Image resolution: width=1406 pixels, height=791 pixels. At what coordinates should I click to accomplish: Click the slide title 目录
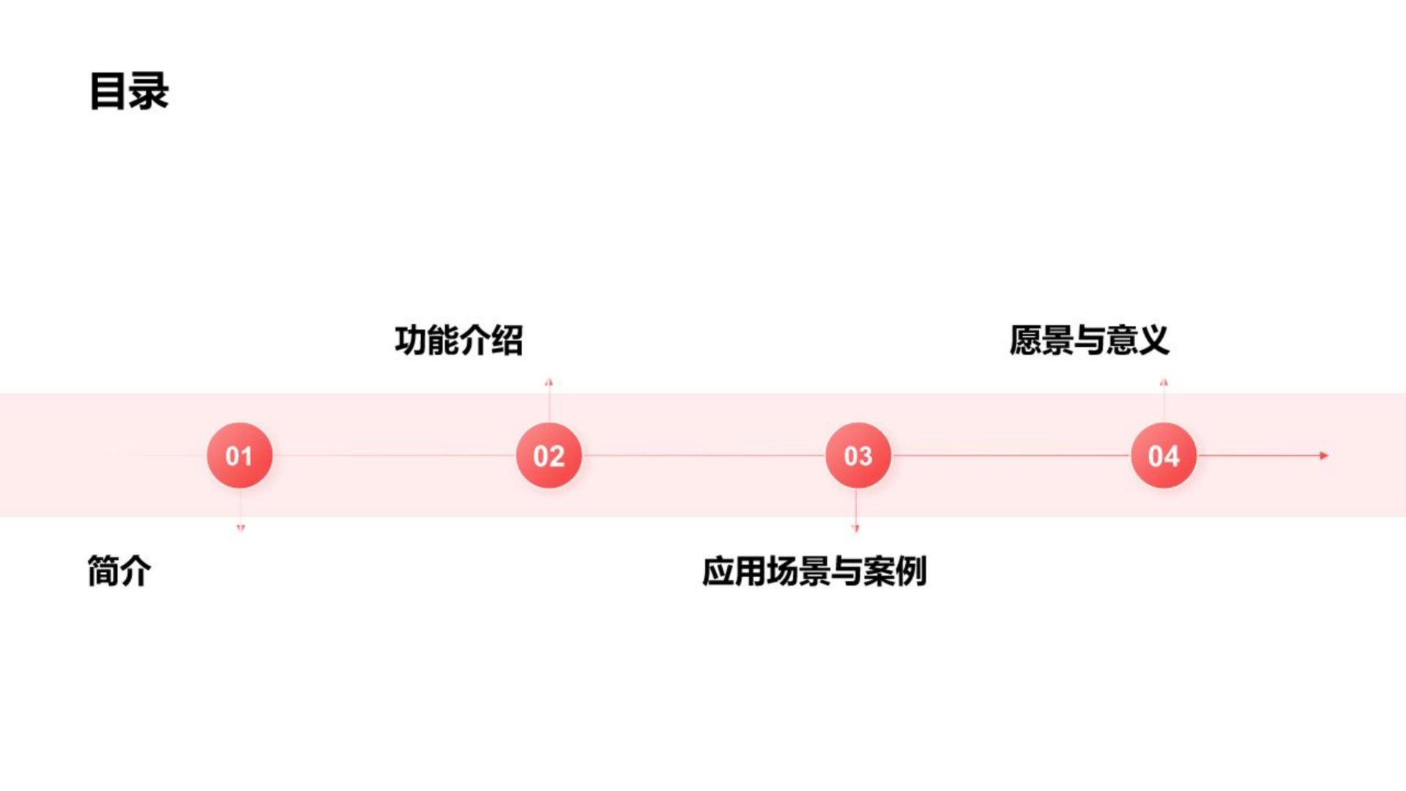click(129, 92)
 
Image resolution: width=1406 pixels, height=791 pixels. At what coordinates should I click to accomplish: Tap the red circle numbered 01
click(239, 456)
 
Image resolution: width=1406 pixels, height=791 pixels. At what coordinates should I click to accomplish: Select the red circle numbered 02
click(548, 456)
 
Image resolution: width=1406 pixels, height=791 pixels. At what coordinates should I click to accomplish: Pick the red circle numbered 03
click(858, 456)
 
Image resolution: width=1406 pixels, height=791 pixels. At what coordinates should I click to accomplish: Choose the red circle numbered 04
click(1164, 456)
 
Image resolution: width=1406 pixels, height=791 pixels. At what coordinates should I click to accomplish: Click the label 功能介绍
click(459, 341)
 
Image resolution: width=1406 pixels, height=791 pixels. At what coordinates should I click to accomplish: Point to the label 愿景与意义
click(1089, 341)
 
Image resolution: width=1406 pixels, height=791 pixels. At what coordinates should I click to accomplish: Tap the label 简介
click(119, 571)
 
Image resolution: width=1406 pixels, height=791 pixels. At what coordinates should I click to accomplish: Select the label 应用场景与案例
click(814, 571)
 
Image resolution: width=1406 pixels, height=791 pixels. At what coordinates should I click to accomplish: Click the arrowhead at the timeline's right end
click(1324, 456)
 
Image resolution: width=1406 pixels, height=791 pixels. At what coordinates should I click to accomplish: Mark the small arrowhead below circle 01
click(240, 527)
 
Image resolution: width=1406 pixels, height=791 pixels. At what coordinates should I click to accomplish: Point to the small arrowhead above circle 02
click(548, 382)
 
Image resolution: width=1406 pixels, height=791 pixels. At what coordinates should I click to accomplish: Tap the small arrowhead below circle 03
click(855, 527)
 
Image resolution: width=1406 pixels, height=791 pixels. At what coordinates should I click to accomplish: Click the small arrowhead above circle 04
click(1164, 382)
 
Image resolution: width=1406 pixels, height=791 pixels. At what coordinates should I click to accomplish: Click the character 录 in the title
click(149, 92)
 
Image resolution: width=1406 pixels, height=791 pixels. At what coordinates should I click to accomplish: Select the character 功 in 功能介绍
click(410, 341)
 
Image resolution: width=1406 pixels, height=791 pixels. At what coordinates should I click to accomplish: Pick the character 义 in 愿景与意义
click(1153, 341)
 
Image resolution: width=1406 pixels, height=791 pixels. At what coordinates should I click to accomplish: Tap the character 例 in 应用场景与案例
click(911, 571)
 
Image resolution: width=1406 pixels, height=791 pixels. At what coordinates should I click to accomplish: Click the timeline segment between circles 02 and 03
click(703, 456)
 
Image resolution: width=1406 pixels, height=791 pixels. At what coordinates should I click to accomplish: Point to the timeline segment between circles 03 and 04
click(1011, 456)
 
